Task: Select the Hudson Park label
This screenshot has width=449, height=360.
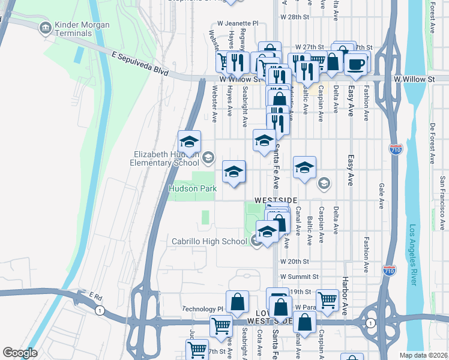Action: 192,188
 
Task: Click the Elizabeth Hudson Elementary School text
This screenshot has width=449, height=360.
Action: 166,158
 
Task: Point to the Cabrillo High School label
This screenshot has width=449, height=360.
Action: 209,241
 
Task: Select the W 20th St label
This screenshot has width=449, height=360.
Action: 294,262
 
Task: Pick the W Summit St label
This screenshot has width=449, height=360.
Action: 298,277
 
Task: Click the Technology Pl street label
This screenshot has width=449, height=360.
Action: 203,309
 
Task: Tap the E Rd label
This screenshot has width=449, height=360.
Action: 97,296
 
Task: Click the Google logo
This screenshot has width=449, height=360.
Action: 20,353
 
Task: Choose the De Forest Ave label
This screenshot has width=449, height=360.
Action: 432,143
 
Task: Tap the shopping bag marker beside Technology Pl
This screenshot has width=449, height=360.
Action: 238,302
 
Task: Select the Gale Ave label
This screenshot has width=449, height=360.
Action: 381,196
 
